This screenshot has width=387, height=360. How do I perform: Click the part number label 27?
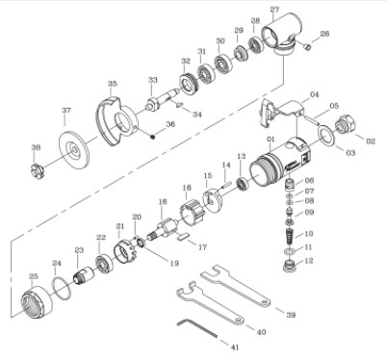click(274, 10)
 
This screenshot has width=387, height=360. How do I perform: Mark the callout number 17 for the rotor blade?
click(203, 246)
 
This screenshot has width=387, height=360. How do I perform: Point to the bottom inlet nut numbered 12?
click(288, 261)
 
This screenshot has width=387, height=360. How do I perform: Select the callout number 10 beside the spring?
click(309, 234)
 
